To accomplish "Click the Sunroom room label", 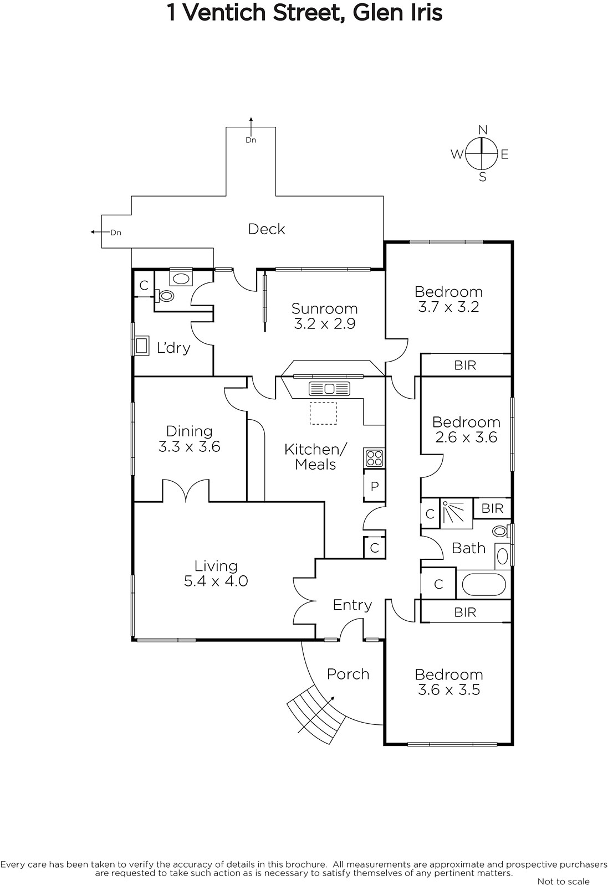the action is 324,308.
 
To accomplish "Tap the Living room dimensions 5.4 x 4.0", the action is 216,581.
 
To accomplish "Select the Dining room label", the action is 189,431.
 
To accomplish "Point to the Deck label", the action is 267,229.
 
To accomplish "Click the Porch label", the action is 348,674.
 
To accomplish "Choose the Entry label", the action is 352,605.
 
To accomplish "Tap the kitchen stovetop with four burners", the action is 374,458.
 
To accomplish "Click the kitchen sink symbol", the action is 329,389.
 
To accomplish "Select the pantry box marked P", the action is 374,486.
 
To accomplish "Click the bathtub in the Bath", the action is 484,584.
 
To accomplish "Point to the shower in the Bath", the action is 456,513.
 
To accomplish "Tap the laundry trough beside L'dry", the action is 142,346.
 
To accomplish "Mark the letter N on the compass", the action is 483,130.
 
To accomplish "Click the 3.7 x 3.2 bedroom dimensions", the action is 448,307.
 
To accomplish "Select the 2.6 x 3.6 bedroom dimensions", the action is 466,437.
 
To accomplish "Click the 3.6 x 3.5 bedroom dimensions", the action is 449,689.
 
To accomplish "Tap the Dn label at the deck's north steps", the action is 251,140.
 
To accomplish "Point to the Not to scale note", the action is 563,881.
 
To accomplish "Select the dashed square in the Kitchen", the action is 323,413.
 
